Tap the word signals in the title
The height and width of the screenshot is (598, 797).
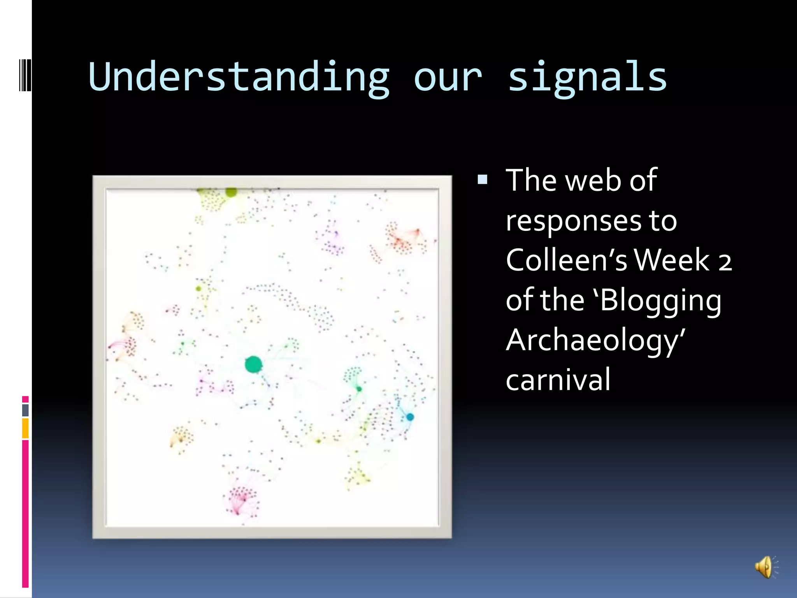(x=588, y=77)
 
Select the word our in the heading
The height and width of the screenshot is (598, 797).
(x=448, y=78)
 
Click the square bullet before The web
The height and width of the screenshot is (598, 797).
(x=483, y=179)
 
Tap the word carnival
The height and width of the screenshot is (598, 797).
(x=558, y=380)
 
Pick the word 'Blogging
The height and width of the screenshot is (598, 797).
(x=658, y=301)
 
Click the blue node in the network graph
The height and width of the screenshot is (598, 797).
(x=410, y=417)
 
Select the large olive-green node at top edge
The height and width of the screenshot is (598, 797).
(x=231, y=192)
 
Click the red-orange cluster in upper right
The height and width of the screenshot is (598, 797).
(x=401, y=237)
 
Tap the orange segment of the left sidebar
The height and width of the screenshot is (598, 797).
(x=25, y=428)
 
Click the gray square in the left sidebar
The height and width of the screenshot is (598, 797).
(x=25, y=410)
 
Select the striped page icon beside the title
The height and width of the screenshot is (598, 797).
(x=25, y=74)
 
